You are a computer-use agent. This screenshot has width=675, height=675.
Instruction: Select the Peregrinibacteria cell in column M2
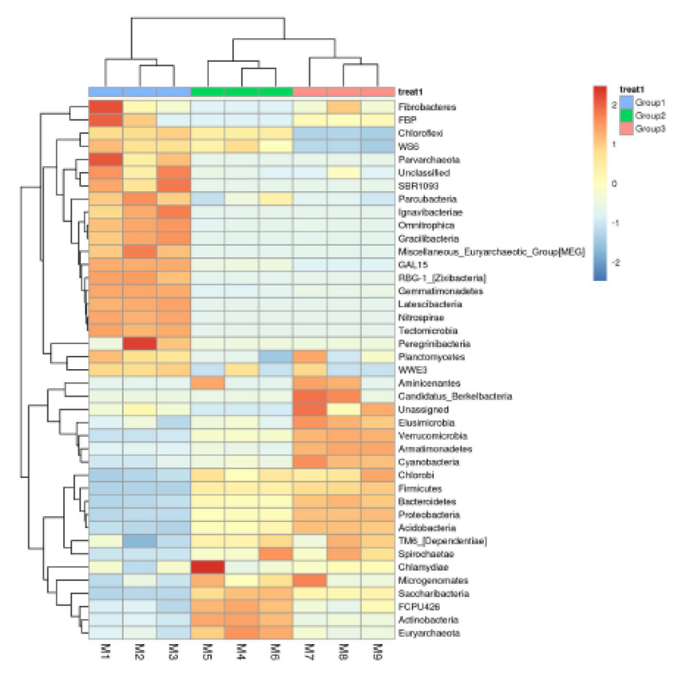(x=140, y=343)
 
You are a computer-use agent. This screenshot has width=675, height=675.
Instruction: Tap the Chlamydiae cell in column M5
(x=208, y=568)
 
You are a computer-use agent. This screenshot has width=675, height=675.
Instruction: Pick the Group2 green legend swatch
(x=626, y=115)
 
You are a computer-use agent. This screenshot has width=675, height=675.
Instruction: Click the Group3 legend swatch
(x=626, y=129)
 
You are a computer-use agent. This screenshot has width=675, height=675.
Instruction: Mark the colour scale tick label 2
(x=614, y=105)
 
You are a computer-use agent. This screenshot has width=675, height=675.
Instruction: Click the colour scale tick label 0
(x=614, y=184)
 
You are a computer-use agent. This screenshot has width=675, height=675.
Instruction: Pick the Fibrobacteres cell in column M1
(x=106, y=106)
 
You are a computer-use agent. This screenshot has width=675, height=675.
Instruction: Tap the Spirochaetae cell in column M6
(x=276, y=554)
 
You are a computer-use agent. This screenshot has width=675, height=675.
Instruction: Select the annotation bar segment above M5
(x=208, y=91)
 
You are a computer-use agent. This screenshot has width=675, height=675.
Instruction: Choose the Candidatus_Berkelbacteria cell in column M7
(x=310, y=396)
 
